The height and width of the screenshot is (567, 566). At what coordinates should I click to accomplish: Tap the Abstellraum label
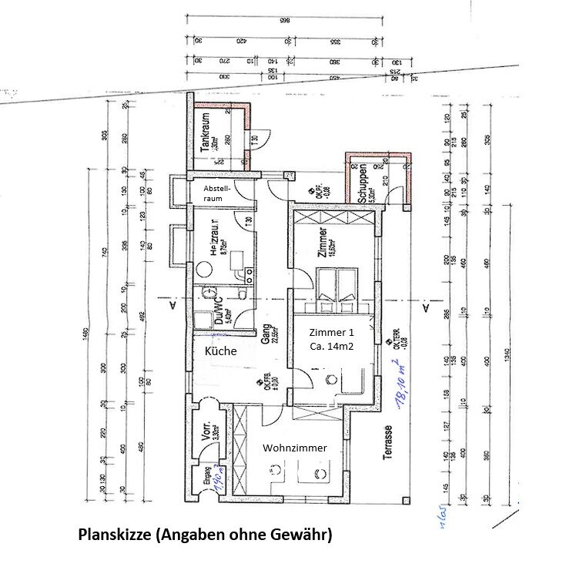pos(216,193)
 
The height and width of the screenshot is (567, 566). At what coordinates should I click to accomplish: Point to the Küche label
pos(219,351)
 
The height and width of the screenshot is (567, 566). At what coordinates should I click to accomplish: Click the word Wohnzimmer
pos(295,448)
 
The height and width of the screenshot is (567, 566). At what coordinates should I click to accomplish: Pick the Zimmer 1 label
pos(332,333)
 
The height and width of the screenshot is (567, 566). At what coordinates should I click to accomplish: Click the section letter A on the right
pos(425,307)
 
